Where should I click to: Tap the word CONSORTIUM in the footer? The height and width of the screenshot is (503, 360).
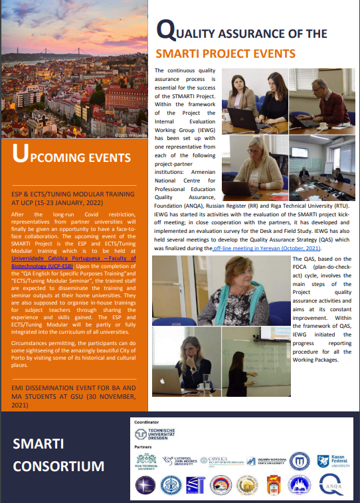pyautogui.click(x=59, y=466)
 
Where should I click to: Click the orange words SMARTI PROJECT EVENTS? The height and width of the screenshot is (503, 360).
pyautogui.click(x=225, y=53)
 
